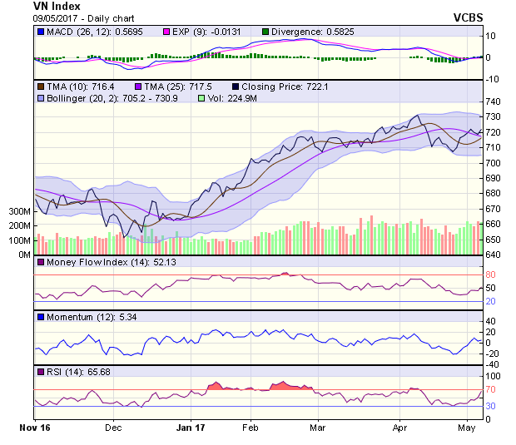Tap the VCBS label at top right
coord(469,17)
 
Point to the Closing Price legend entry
coord(283,86)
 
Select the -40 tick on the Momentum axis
coord(491,364)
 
